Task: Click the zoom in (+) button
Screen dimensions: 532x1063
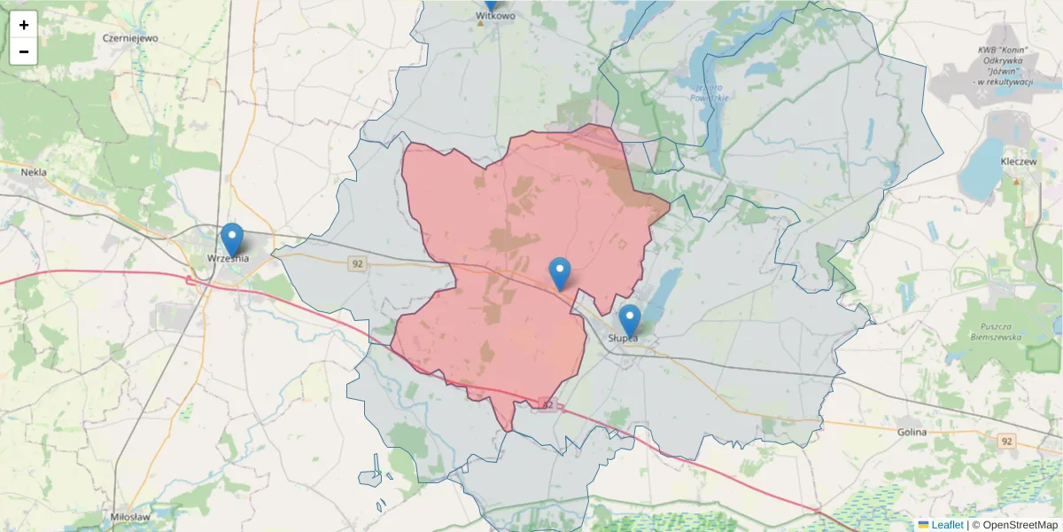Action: [x=24, y=25]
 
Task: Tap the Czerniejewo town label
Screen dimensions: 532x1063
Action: [x=130, y=38]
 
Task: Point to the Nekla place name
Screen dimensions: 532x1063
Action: [x=34, y=173]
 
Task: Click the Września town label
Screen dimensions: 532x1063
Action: [x=228, y=258]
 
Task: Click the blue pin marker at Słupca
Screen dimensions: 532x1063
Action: [x=629, y=320]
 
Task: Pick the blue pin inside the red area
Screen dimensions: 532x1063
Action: [x=560, y=273]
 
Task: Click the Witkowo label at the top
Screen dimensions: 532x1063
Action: [x=495, y=16]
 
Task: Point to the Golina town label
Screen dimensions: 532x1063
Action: [x=911, y=432]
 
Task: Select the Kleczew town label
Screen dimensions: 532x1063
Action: [x=1018, y=162]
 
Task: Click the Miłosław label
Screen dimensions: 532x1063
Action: [x=130, y=516]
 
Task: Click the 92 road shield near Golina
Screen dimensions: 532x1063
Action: [x=1006, y=441]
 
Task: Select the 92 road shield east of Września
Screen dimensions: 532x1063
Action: [x=357, y=263]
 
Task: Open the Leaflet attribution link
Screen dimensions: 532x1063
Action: [x=947, y=525]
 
